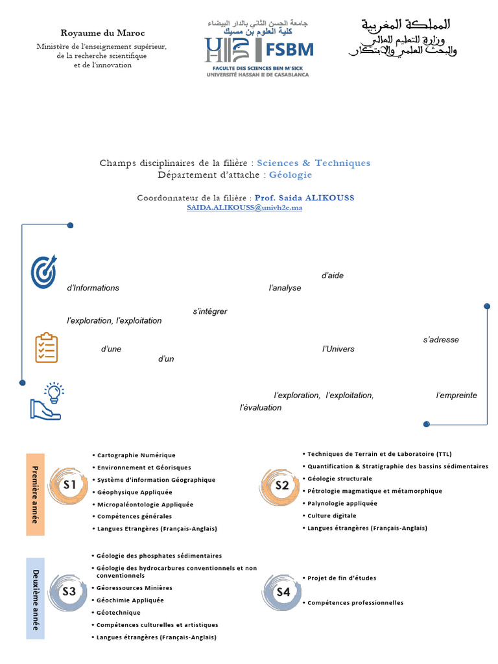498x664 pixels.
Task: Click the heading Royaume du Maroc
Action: tap(103, 33)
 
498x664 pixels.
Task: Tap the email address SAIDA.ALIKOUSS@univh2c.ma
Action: tap(244, 207)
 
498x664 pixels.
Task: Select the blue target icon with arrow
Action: tap(44, 272)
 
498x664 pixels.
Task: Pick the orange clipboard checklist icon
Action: tap(46, 348)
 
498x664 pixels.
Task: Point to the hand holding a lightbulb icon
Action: tap(47, 402)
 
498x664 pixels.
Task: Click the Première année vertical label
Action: tap(35, 494)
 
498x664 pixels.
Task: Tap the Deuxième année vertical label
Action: tap(35, 599)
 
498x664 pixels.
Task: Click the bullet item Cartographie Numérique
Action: tap(136, 455)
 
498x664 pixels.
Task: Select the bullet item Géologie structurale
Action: tap(340, 479)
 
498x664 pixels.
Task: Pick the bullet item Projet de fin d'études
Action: tap(342, 578)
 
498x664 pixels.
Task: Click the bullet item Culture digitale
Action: tap(332, 516)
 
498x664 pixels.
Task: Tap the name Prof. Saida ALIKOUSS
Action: tap(304, 198)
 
